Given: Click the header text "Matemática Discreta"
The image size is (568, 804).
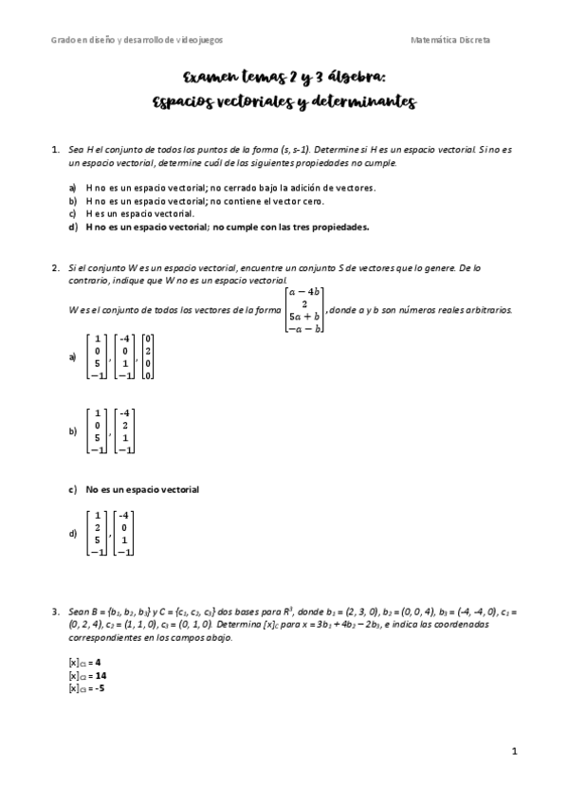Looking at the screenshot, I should point(451,40).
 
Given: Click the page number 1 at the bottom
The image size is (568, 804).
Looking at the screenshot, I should point(513,751).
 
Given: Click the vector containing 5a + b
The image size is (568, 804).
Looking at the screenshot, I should point(300,309).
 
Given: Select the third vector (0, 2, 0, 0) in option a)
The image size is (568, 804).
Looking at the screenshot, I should point(148,357).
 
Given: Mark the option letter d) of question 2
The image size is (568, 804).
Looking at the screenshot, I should point(73,534).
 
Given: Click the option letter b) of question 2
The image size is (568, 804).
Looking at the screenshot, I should point(73,431).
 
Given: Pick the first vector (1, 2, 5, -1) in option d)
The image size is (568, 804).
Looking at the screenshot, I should point(96,534).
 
